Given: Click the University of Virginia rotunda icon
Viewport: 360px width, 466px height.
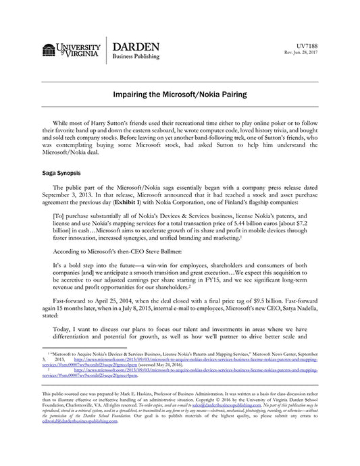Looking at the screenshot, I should pyautogui.click(x=50, y=51).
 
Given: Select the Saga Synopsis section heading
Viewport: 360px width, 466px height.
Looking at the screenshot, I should pyautogui.click(x=63, y=173).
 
